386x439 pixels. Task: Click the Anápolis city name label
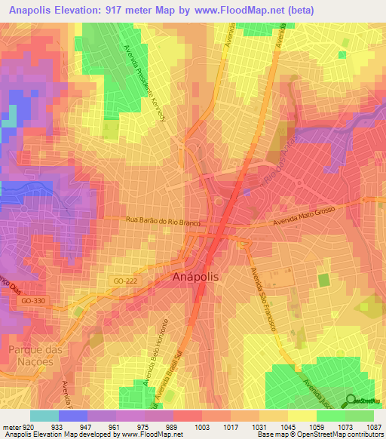pyautogui.click(x=196, y=277)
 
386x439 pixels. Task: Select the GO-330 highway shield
pyautogui.click(x=32, y=300)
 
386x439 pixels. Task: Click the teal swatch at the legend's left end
pyautogui.click(x=44, y=416)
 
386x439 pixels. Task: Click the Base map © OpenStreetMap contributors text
pyautogui.click(x=320, y=434)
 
